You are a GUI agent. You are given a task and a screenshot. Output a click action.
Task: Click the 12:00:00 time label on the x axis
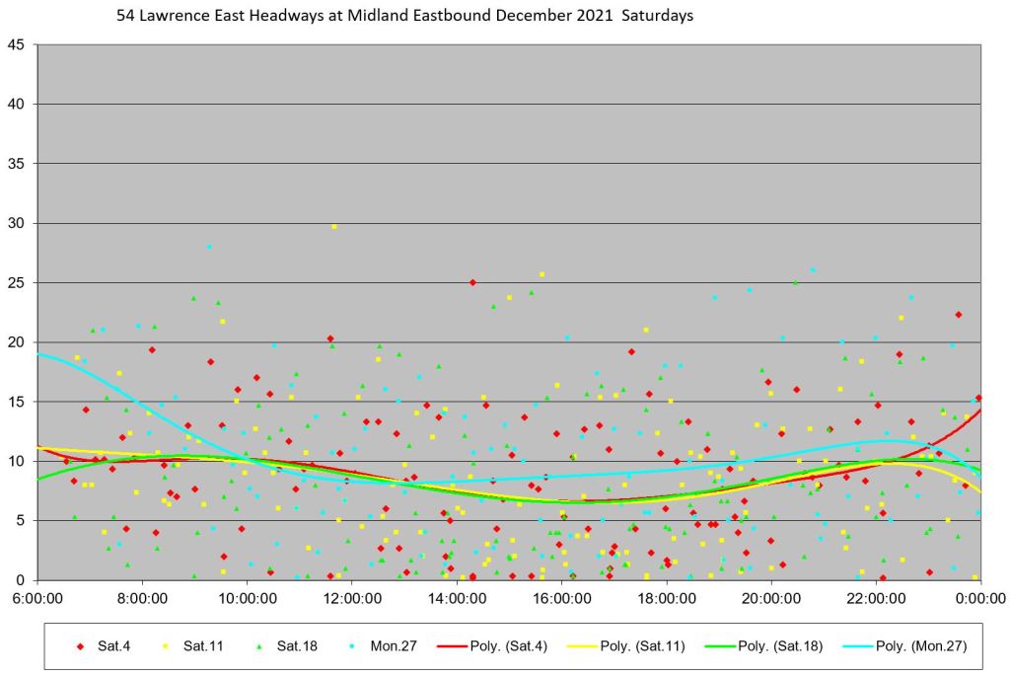click(x=352, y=598)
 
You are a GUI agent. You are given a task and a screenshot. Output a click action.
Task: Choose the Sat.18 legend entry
click(x=279, y=646)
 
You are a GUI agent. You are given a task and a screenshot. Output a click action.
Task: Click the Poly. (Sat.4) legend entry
click(x=483, y=646)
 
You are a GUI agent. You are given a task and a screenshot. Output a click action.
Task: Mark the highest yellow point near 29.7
click(x=334, y=226)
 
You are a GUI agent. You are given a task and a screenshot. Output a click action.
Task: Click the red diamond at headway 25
click(x=472, y=282)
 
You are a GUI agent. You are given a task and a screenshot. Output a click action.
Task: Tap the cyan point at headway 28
click(x=209, y=247)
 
